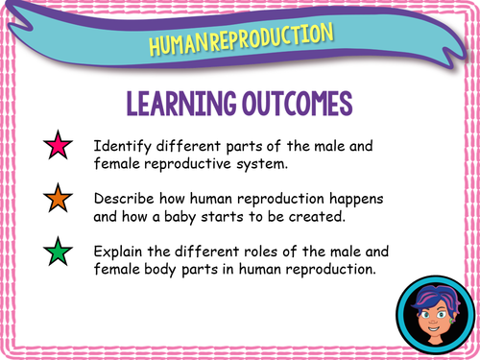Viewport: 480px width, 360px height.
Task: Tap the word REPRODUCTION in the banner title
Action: [x=271, y=37]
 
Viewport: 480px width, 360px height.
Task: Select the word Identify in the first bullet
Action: [x=120, y=147]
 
